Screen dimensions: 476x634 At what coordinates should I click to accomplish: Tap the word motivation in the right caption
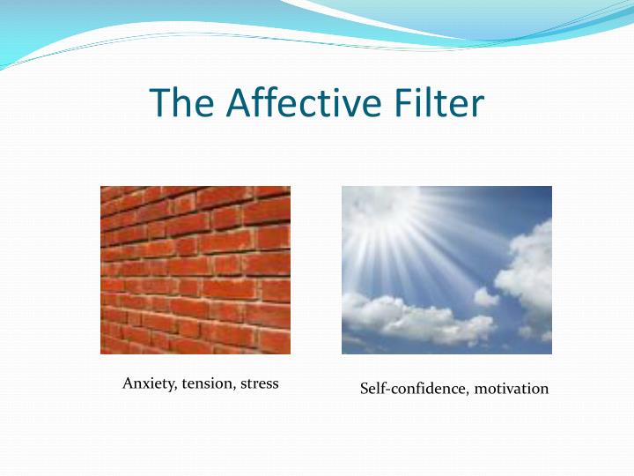[x=512, y=389]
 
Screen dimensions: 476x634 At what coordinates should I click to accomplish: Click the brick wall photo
[x=195, y=270]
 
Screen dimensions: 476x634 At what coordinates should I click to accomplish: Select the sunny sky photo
[x=446, y=270]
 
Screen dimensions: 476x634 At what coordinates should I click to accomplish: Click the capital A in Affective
[x=237, y=102]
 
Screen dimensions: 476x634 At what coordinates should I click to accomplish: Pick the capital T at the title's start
[x=159, y=102]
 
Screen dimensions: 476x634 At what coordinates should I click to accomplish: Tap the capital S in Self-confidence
[x=365, y=389]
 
